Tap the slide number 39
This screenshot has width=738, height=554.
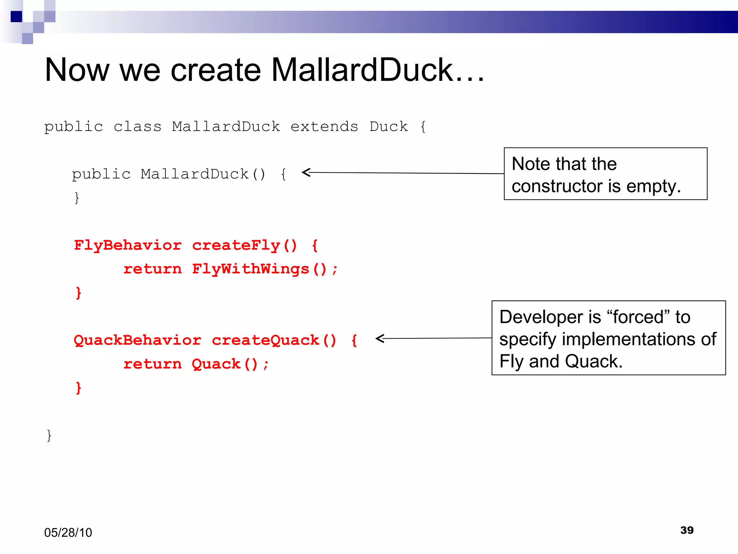[x=687, y=530]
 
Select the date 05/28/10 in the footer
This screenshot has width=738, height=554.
[x=68, y=532]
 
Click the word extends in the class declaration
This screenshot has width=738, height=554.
[x=324, y=127]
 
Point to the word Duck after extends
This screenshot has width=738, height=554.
[x=388, y=127]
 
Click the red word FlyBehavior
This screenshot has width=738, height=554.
[x=128, y=245]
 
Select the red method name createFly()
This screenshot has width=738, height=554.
[x=245, y=245]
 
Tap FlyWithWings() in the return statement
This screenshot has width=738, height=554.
[x=259, y=269]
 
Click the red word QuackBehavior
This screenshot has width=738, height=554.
[x=137, y=340]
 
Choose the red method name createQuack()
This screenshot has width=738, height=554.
[x=274, y=340]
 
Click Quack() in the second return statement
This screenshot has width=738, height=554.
[x=225, y=364]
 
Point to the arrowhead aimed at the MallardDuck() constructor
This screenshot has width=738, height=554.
[x=306, y=172]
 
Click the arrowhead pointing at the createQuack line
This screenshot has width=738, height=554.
[x=379, y=338]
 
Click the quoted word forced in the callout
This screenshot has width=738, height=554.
[x=638, y=317]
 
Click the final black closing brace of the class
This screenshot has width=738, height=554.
[x=49, y=435]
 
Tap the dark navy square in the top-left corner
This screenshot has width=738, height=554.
[x=16, y=17]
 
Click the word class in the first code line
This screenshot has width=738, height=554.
[x=137, y=127]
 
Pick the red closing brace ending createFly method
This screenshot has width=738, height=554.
[x=79, y=293]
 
